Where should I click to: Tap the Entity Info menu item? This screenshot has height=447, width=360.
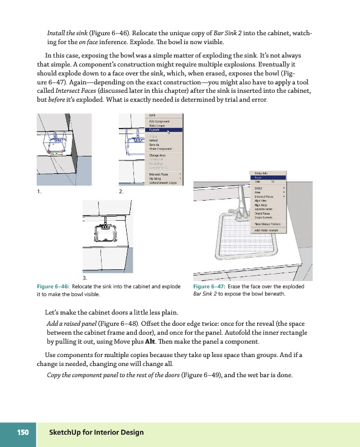pos(262,173)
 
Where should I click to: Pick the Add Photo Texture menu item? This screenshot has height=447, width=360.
pos(266,230)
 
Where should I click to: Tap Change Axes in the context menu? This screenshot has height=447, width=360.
pos(157,155)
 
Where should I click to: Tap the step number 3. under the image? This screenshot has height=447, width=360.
pos(85,278)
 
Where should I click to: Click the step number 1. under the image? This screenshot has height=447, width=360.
pos(39,192)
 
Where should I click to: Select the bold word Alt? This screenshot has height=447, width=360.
pos(150,341)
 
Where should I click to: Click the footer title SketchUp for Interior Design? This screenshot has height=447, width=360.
pos(96,432)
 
